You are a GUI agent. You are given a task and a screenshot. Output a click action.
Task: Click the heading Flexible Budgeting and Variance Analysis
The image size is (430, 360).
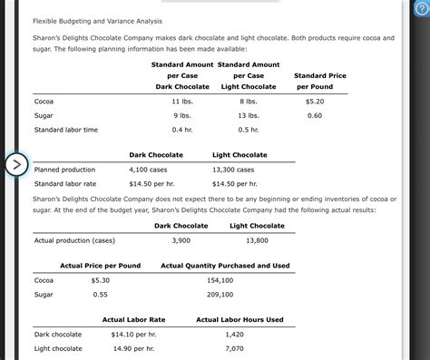(84, 20)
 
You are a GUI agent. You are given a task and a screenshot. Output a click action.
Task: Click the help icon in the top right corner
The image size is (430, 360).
(420, 8)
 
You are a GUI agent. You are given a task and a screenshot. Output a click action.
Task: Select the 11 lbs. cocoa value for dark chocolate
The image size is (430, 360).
(181, 101)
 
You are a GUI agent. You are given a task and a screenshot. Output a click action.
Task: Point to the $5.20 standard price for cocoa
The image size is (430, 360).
(315, 101)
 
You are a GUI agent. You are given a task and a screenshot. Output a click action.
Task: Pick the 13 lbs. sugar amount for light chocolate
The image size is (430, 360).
(248, 115)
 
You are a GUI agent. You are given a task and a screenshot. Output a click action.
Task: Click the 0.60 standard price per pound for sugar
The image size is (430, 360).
(315, 115)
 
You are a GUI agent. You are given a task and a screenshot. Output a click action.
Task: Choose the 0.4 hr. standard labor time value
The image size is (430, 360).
(181, 130)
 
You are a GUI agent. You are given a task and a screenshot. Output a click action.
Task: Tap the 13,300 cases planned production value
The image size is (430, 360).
(233, 170)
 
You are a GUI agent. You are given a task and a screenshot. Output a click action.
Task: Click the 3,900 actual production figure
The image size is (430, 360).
(181, 240)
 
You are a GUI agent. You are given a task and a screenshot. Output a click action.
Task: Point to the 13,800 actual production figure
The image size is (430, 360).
(257, 240)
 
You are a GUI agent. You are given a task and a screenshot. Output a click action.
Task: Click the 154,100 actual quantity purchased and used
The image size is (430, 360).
(220, 280)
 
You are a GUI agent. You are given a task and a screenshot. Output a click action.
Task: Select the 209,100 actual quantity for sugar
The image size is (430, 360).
(220, 295)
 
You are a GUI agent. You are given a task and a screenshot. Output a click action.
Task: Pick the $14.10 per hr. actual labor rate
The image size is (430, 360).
(133, 335)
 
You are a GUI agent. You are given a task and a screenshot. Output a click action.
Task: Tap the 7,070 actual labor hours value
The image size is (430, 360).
(234, 348)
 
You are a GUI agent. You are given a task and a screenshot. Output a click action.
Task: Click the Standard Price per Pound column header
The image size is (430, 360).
(320, 81)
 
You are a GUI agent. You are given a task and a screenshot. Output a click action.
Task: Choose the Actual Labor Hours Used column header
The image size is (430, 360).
(239, 319)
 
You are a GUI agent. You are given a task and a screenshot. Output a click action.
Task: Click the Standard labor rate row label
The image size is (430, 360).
(65, 184)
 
